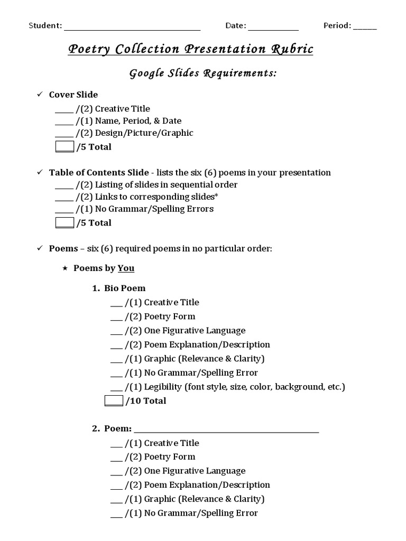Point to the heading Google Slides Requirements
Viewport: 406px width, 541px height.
[203, 73]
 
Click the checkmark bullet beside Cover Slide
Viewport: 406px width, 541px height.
[39, 95]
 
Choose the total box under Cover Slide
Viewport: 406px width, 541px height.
[64, 147]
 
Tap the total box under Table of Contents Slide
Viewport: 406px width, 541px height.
[64, 222]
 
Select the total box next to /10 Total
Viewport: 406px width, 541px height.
[114, 400]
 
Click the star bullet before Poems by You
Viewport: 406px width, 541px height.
[64, 268]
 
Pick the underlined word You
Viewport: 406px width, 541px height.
[126, 268]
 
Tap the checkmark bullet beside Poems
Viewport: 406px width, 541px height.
[39, 248]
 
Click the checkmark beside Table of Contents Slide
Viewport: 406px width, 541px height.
[39, 173]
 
